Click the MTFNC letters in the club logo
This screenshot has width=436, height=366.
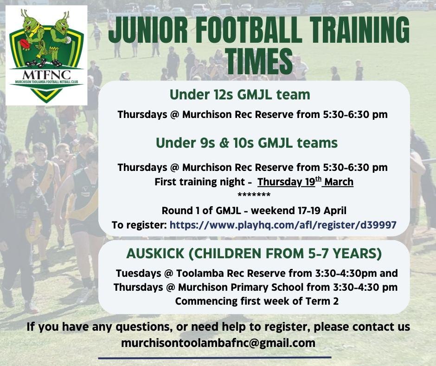(46, 75)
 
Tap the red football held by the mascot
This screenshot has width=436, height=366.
(24, 44)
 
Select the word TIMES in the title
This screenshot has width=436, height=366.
(259, 61)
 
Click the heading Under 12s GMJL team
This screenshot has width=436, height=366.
(240, 95)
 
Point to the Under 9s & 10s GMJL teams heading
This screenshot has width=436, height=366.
(247, 143)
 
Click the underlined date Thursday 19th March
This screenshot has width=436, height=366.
(305, 182)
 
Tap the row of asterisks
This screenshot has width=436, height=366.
(254, 195)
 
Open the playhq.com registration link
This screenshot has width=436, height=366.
(283, 225)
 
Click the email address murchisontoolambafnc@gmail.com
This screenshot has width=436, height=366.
(218, 343)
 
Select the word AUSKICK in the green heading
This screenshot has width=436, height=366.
(155, 254)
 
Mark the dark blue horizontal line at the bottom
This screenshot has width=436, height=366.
(215, 358)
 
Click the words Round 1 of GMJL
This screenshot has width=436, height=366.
(201, 210)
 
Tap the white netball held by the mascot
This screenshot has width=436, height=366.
(68, 40)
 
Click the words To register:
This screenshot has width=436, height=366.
(139, 225)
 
